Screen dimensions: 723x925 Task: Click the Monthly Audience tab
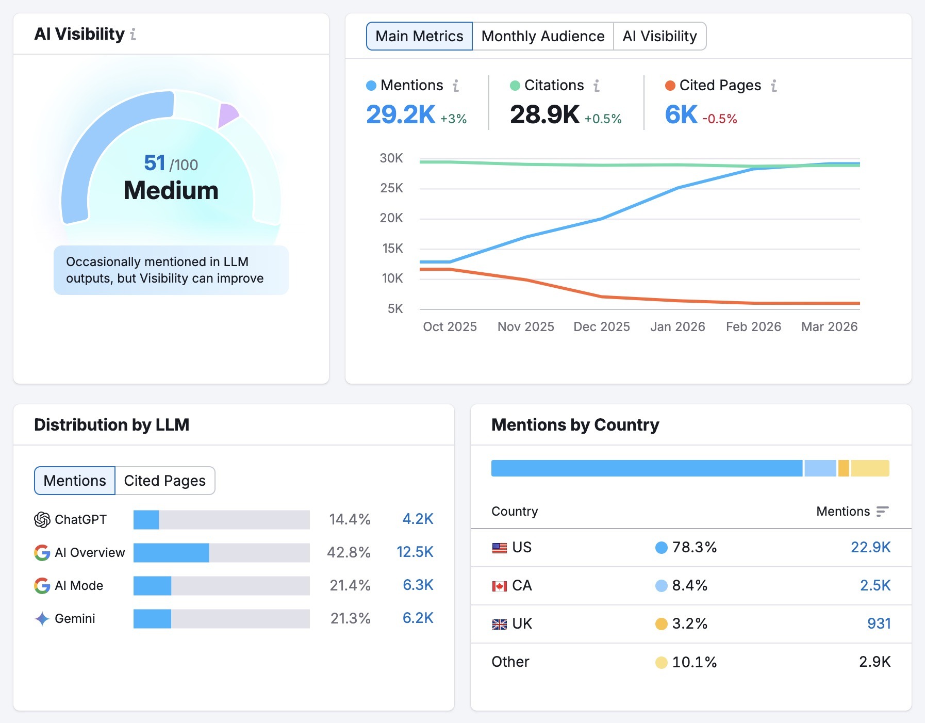tap(542, 36)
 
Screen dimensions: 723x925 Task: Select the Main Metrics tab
tap(419, 36)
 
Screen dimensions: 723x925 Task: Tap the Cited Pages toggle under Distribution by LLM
tap(164, 481)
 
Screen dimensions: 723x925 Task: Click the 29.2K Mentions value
tap(401, 114)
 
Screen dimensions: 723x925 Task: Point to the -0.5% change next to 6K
tap(719, 119)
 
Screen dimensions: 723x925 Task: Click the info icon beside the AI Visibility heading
tap(133, 35)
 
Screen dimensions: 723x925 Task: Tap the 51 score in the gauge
tap(154, 163)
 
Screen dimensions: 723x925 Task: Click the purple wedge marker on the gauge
tap(226, 114)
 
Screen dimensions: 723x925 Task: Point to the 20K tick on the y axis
tap(391, 218)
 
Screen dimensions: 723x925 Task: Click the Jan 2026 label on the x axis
tap(678, 326)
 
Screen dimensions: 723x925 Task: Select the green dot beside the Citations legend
tap(515, 86)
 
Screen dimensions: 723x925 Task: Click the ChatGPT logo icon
tap(42, 519)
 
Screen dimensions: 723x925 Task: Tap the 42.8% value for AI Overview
tap(349, 552)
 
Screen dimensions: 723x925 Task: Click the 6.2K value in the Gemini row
tap(418, 618)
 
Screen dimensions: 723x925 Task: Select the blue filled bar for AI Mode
tap(152, 586)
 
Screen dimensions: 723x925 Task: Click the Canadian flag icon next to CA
tap(499, 586)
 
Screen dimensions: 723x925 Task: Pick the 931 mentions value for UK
tap(879, 623)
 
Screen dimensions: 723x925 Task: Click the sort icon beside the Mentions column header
tap(882, 511)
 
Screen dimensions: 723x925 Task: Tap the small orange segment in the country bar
tap(844, 468)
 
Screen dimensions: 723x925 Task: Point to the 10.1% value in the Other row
tap(694, 662)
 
